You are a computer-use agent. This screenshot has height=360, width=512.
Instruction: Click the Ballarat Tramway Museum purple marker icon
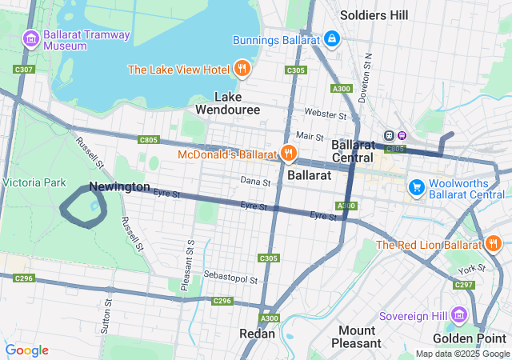pos(30,38)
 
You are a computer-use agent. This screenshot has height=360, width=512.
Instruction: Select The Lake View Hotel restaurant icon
pos(242,69)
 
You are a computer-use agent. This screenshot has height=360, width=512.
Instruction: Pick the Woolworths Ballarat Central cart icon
pos(416,187)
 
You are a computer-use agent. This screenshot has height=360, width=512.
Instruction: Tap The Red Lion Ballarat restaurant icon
pos(494,244)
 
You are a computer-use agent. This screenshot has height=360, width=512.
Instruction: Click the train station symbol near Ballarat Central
pos(390,135)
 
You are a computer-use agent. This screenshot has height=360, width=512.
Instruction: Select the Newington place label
pos(119,186)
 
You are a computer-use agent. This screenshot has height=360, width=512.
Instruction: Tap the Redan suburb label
pos(258,334)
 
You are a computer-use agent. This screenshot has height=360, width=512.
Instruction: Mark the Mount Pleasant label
pos(356,337)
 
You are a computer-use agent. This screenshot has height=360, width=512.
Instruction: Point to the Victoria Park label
pos(34,182)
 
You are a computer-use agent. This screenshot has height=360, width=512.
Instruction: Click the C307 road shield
pos(25,70)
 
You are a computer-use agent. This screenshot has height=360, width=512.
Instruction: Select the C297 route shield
pos(464,285)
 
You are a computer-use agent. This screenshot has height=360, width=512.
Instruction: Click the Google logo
pos(26,350)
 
